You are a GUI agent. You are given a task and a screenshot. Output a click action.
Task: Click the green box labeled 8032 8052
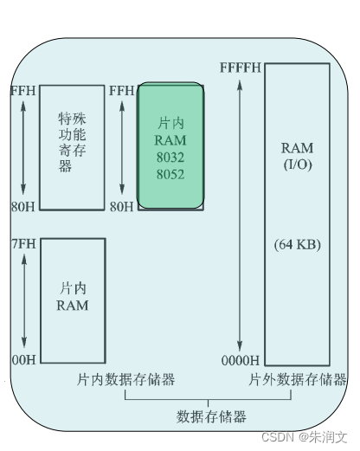click(171, 145)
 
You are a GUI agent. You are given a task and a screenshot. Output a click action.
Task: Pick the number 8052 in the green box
click(170, 174)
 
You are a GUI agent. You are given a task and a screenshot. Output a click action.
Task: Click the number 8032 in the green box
click(170, 158)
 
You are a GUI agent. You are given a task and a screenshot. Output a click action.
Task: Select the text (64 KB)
click(298, 245)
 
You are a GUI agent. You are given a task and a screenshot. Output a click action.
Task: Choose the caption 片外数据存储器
click(297, 380)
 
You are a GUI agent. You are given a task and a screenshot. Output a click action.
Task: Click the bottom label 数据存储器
click(212, 416)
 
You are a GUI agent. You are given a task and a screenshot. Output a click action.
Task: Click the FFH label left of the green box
click(122, 91)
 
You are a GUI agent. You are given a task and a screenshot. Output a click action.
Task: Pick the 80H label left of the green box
click(122, 207)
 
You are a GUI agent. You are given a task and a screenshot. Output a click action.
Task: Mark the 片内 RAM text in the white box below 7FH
click(73, 296)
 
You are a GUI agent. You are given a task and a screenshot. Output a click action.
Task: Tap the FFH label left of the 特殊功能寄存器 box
click(22, 91)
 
